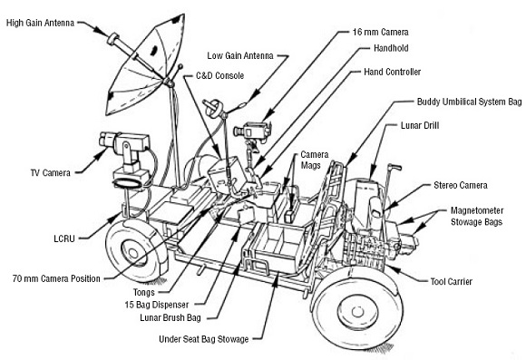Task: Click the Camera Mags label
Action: [x=317, y=161]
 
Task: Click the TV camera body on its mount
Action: [x=118, y=144]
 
